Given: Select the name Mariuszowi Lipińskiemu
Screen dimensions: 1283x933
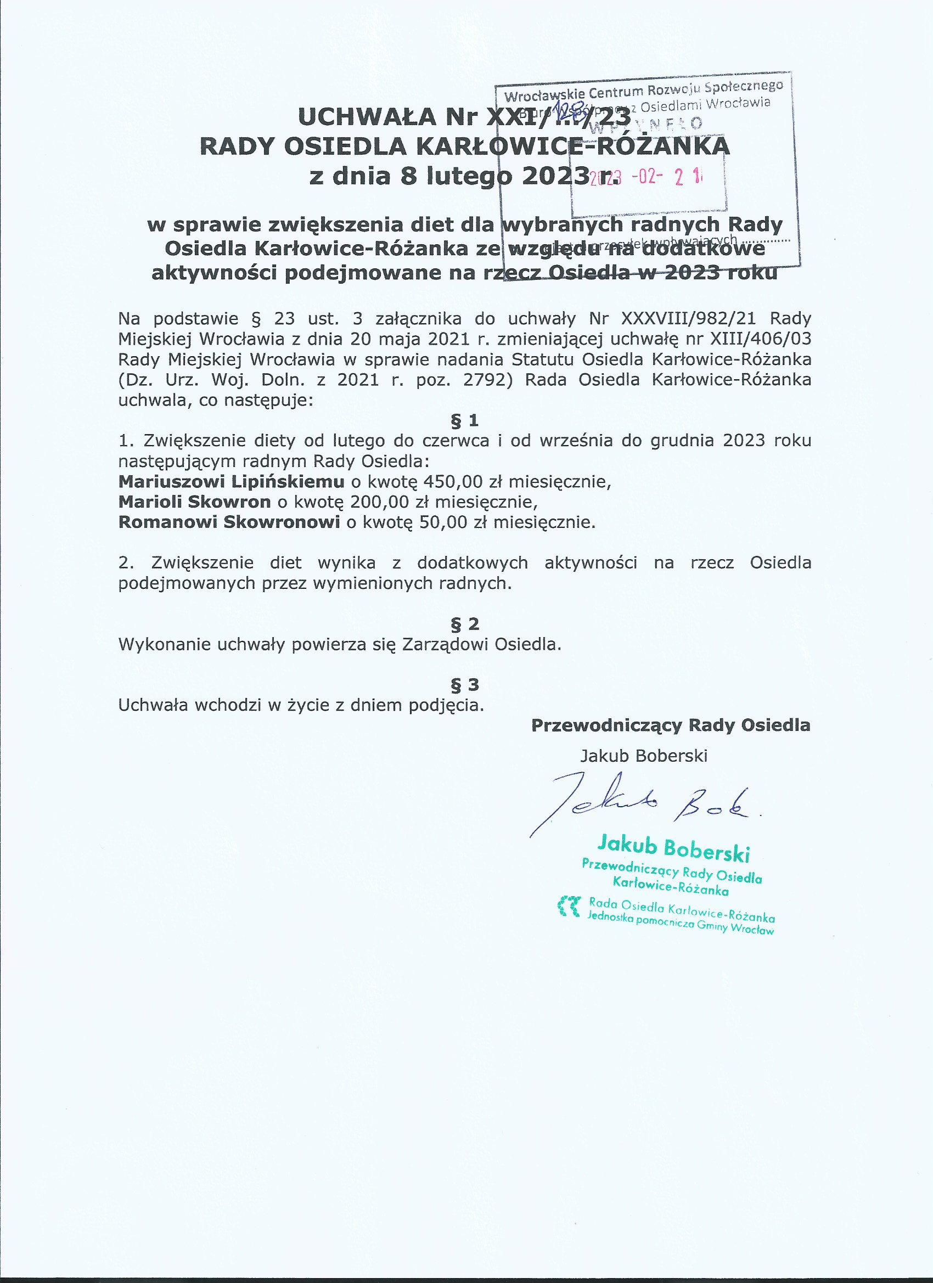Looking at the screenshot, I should point(231,481).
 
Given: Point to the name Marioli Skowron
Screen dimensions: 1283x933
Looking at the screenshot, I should point(195,502).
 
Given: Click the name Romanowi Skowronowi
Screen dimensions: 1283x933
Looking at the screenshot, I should point(229,521).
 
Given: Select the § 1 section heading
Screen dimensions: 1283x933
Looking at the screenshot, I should point(464,420).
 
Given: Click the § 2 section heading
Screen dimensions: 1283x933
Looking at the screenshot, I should point(464,624).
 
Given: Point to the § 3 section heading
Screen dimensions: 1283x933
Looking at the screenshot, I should point(464,685).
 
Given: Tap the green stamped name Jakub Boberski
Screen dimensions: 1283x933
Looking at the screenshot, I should point(673,848).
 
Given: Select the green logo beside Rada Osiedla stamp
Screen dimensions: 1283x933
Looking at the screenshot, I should point(569,906).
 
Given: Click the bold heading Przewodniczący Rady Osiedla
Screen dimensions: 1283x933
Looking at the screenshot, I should point(671,726).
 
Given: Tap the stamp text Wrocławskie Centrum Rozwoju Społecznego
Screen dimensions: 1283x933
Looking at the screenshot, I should point(643,91).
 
